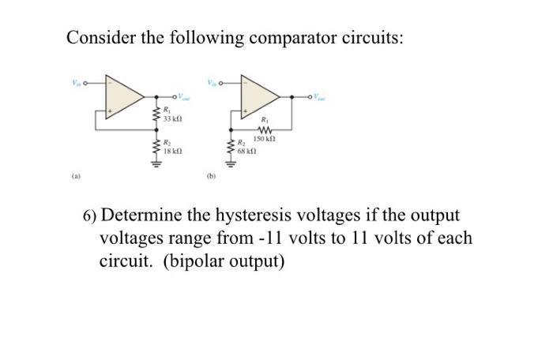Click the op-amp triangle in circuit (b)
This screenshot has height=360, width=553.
pos(260,99)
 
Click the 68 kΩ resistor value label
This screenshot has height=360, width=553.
pos(247,149)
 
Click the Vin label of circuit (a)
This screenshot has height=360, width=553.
pos(74,81)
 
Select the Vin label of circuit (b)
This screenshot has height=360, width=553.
pos(212,82)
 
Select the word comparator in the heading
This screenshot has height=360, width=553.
pos(281,39)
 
